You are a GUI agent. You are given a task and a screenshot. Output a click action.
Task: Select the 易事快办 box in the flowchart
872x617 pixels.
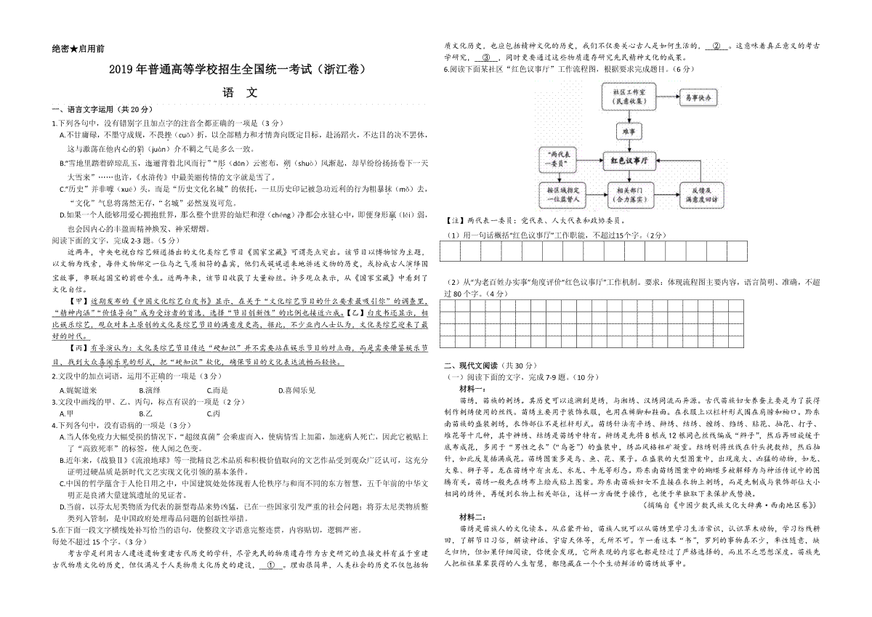(697, 97)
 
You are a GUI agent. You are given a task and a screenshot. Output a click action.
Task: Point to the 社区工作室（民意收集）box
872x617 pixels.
(629, 97)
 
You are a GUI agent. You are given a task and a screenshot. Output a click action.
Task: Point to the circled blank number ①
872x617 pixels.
(272, 563)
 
